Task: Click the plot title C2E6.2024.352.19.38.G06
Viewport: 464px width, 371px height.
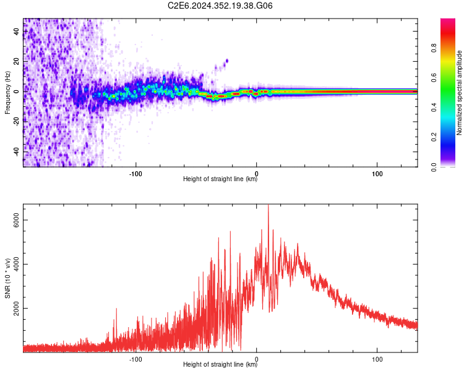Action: (x=220, y=6)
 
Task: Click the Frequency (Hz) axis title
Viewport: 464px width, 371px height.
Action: (x=7, y=93)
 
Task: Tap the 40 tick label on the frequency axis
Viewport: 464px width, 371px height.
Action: (x=17, y=31)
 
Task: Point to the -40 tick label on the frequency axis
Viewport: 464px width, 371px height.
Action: (x=17, y=152)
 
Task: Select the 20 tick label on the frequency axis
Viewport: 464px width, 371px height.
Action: (x=17, y=61)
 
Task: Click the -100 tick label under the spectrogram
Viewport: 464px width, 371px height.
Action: (x=135, y=174)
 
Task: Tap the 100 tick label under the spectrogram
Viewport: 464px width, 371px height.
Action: (x=377, y=174)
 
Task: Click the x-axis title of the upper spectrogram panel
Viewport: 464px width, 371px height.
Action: (x=220, y=179)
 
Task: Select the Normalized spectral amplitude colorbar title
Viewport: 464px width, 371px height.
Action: (x=459, y=93)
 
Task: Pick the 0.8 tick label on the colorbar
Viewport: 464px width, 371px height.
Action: (x=434, y=48)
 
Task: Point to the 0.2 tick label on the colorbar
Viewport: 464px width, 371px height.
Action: (x=434, y=137)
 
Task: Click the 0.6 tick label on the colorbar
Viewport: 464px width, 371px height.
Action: (x=434, y=77)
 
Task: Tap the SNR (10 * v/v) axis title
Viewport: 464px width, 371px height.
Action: (x=7, y=278)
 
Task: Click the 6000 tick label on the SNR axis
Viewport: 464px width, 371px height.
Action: (x=17, y=220)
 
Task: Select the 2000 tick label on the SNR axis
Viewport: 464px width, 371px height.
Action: (x=17, y=309)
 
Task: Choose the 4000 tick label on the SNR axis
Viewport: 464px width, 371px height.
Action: (x=17, y=264)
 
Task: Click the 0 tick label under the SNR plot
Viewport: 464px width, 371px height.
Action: (x=256, y=359)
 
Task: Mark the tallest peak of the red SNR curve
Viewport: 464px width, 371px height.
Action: (x=269, y=205)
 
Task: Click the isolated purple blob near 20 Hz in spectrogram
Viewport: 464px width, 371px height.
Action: (x=227, y=61)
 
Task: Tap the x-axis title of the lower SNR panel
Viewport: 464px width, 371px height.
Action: (x=220, y=364)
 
